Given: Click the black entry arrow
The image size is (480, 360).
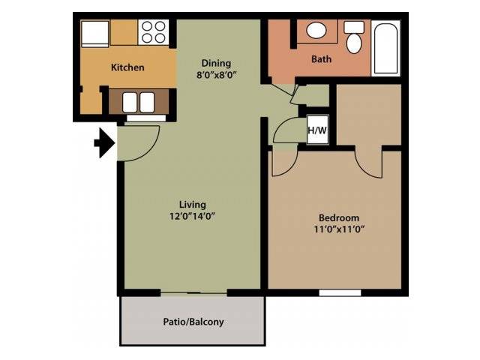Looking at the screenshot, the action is (x=105, y=143).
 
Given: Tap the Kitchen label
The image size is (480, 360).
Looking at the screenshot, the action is (x=127, y=67).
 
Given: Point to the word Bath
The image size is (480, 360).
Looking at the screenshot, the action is (x=321, y=58).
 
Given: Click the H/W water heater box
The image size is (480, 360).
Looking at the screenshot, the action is (x=318, y=130).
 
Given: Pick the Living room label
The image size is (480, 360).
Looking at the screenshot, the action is (x=192, y=205).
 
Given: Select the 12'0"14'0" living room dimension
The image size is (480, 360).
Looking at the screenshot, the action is (x=192, y=217).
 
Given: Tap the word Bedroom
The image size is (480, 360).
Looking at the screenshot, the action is (x=339, y=218).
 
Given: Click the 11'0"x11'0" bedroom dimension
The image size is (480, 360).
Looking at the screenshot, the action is (x=339, y=229).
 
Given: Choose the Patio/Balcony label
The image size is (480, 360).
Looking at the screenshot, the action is (x=193, y=322).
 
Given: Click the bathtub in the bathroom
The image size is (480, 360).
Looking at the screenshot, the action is (x=385, y=48).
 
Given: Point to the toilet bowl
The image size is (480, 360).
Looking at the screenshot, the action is (x=354, y=43).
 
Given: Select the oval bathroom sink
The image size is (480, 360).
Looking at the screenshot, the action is (x=316, y=30).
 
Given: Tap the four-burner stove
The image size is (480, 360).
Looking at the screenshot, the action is (x=154, y=32).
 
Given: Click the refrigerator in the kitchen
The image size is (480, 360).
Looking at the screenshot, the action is (x=95, y=34).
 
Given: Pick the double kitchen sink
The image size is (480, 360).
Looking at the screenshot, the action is (x=139, y=102).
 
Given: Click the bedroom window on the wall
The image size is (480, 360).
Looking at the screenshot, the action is (x=340, y=293).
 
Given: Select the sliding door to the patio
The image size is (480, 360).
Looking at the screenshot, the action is (x=193, y=293).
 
